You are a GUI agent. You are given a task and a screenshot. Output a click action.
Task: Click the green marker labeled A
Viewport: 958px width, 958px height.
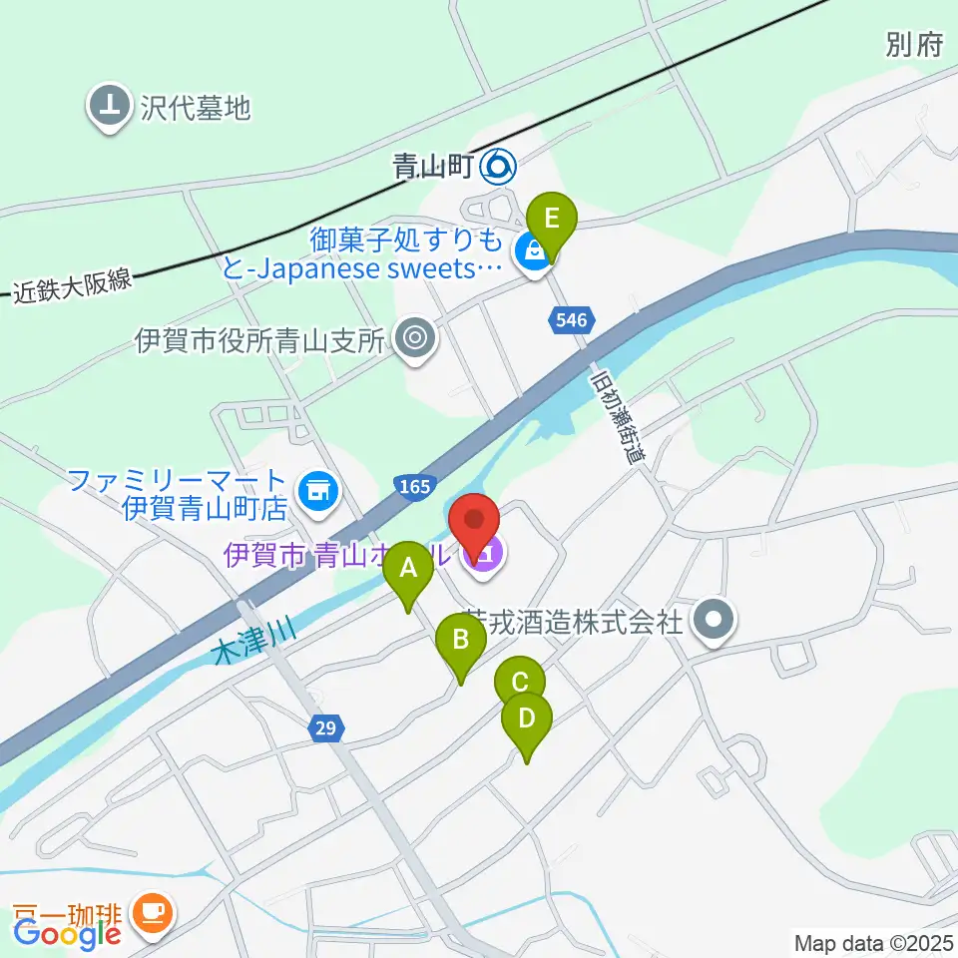(408, 571)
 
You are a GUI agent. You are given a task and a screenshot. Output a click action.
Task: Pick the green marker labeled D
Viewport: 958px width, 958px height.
(526, 718)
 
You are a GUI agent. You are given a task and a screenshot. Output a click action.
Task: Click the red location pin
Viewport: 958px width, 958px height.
(475, 521)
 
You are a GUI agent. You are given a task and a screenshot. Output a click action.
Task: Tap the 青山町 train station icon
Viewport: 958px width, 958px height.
(498, 167)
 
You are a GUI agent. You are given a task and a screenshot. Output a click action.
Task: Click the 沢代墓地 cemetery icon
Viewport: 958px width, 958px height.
(110, 106)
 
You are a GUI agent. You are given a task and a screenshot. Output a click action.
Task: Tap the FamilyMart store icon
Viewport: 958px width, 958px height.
(319, 489)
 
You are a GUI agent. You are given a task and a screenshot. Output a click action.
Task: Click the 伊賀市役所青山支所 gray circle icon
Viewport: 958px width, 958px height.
(414, 340)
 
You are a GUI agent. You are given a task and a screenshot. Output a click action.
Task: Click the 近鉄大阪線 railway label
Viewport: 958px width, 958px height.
(73, 285)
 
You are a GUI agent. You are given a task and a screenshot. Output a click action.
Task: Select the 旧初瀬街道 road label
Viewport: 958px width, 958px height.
(618, 420)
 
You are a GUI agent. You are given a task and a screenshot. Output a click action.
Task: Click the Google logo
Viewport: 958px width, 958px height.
(67, 933)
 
